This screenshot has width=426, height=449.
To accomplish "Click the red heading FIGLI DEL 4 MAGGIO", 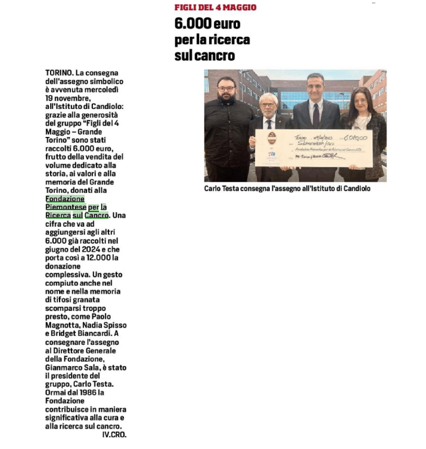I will point(215,7).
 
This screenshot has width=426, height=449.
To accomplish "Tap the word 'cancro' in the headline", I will point(213,56).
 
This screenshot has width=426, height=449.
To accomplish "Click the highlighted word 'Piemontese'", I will point(66,206).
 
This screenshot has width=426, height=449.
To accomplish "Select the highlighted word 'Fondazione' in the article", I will point(65,198).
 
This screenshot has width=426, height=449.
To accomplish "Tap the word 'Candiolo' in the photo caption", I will point(354,188).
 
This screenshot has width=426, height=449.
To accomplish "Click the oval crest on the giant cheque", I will point(272,141).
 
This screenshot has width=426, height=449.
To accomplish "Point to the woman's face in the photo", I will point(361,99).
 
